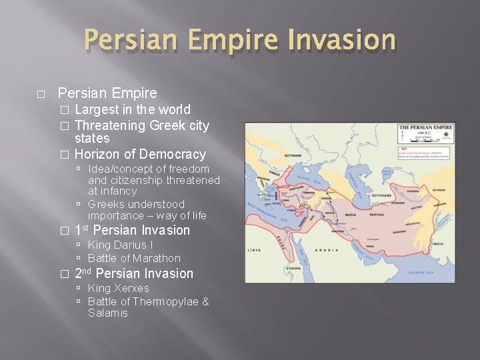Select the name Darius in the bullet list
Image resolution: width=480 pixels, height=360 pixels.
tap(127, 245)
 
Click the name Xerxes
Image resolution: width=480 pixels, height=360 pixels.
tap(131, 288)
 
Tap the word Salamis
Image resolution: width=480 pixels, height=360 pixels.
tap(107, 313)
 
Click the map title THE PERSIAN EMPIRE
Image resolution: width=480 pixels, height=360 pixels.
tap(426, 127)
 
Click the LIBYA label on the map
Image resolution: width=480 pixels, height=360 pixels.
tap(255, 251)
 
